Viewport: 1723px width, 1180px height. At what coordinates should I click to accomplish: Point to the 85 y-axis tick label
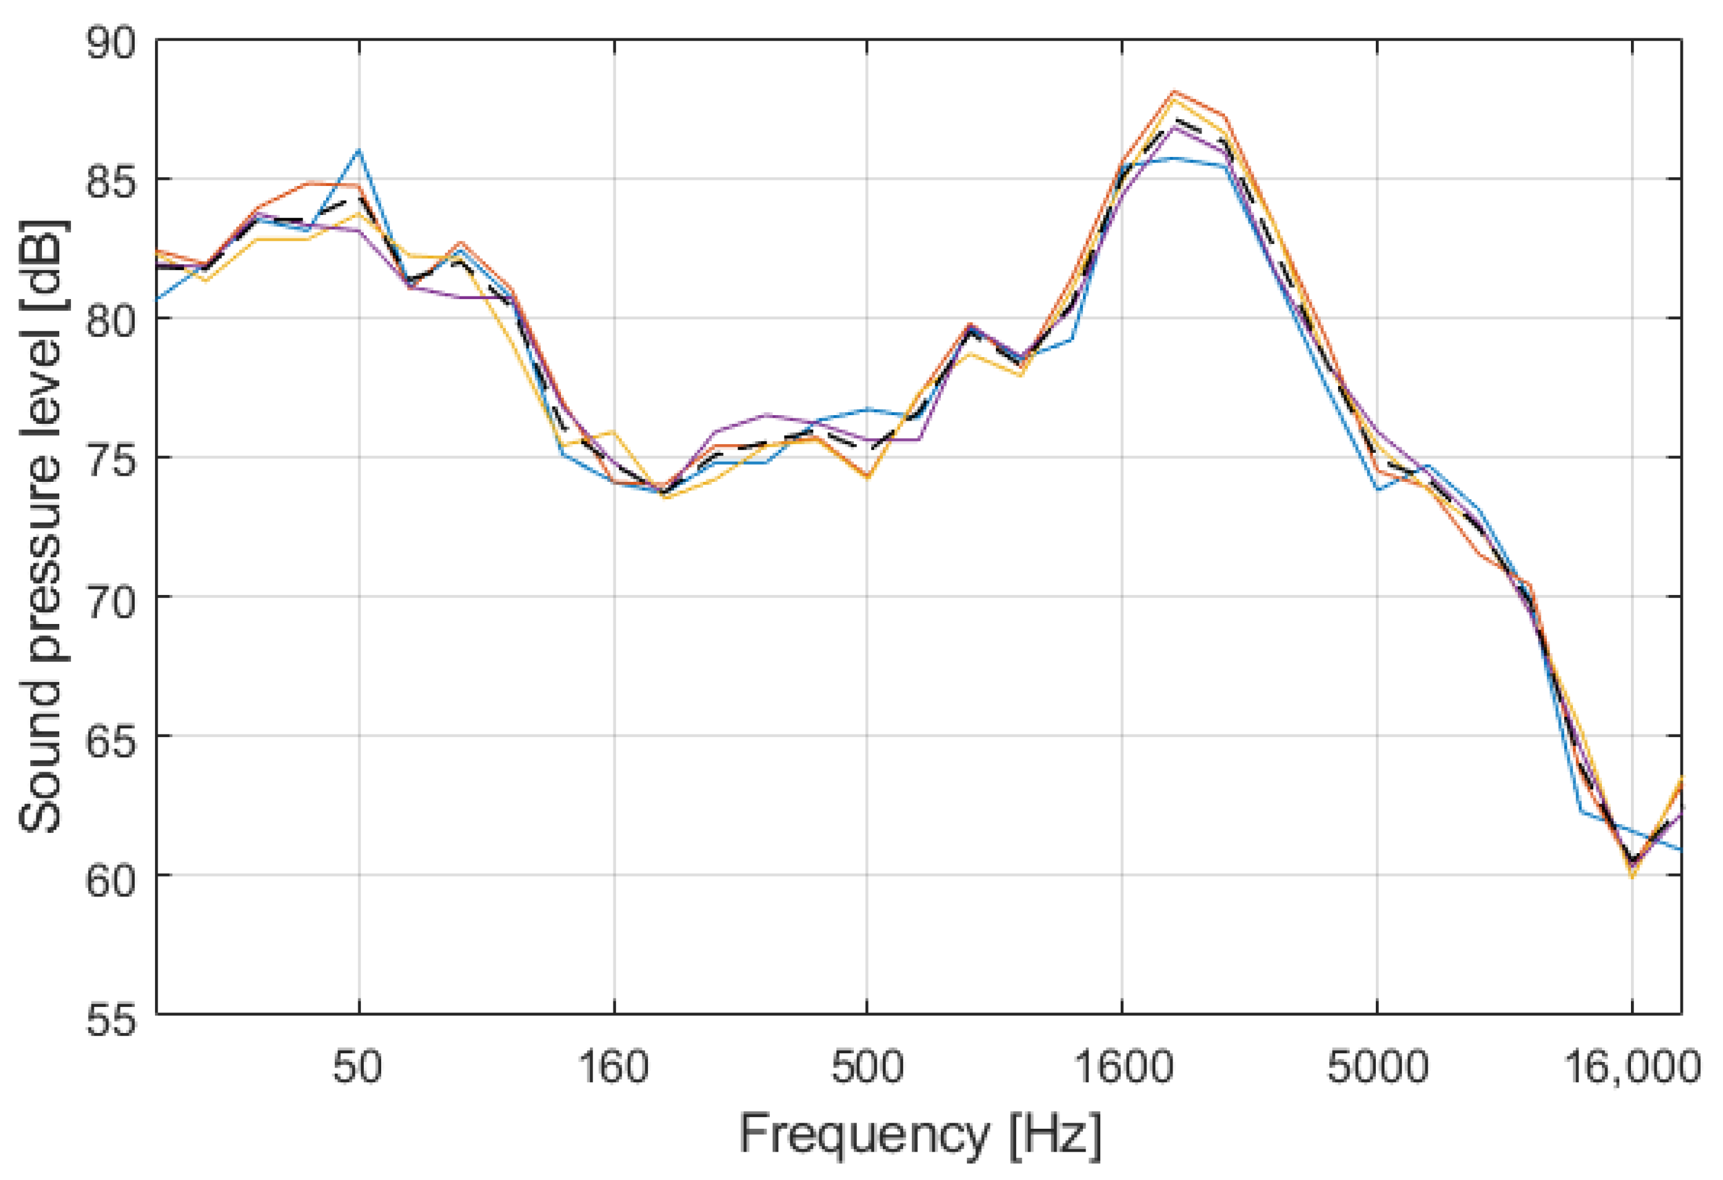(111, 181)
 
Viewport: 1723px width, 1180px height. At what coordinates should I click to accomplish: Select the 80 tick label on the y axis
(111, 320)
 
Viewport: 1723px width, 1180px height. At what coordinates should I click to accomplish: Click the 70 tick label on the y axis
(111, 598)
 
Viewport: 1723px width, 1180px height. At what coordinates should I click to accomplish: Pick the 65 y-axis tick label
(111, 738)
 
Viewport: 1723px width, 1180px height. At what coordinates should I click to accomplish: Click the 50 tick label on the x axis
(359, 1068)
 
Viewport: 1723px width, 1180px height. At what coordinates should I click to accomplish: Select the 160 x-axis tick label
(613, 1068)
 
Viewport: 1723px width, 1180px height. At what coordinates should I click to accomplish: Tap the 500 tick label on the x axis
(867, 1068)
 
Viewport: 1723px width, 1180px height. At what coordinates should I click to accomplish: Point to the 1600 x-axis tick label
(1122, 1068)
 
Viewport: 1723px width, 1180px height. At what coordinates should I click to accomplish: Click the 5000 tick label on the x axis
(1377, 1068)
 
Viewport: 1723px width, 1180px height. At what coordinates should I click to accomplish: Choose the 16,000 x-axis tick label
(1631, 1068)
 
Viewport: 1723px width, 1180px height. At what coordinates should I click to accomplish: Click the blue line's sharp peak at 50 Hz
(359, 151)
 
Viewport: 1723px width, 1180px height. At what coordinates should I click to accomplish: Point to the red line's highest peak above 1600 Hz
(1174, 92)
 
